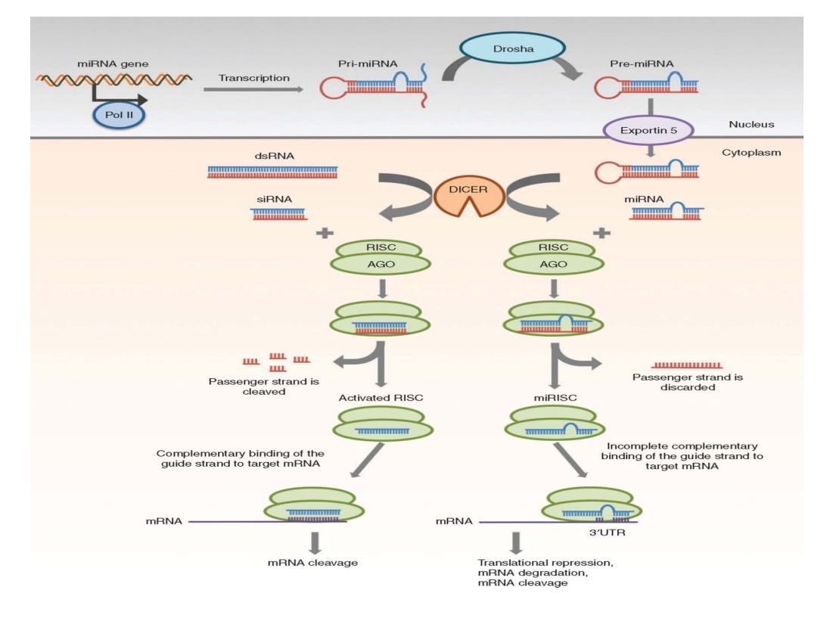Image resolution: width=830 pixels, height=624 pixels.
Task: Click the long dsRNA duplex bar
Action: coord(272,172)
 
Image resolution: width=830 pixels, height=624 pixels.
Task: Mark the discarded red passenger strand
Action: coord(687,365)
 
